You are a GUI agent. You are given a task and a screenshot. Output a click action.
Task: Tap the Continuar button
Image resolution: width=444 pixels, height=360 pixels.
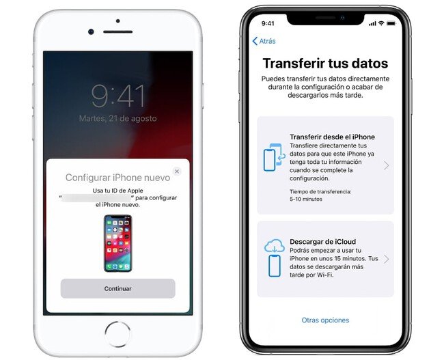tap(117, 288)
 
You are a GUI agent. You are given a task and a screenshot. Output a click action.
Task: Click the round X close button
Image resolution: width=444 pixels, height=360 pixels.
tap(177, 171)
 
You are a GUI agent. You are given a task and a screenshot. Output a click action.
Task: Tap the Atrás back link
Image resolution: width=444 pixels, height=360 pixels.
tap(264, 41)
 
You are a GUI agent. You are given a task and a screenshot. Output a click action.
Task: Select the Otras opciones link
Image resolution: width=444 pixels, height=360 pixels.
tap(325, 320)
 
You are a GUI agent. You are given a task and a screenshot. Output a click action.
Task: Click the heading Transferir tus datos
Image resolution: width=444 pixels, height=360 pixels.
tap(325, 63)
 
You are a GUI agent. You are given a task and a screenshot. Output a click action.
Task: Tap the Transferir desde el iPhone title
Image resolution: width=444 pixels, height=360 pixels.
tap(332, 137)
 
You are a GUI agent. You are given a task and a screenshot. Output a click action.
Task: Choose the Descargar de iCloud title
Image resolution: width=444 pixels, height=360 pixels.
tap(323, 242)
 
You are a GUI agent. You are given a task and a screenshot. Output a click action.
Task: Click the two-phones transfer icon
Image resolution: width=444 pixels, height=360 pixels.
tap(274, 157)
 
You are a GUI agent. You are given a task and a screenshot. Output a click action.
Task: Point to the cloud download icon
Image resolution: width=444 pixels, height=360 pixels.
tap(274, 258)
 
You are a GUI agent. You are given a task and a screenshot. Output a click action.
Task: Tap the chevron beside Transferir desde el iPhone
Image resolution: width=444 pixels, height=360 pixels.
tap(386, 165)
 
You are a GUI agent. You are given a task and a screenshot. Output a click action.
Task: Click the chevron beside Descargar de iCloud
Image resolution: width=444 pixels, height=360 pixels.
tap(386, 259)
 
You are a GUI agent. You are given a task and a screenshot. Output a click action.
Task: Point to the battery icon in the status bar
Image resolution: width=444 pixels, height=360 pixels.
tap(391, 23)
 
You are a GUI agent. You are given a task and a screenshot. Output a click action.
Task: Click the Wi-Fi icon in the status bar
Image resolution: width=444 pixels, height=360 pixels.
tap(381, 23)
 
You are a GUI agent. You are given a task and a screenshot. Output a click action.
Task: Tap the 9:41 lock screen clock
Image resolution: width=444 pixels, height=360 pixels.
tap(117, 96)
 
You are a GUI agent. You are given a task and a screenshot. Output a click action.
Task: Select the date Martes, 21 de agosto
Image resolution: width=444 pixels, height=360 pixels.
tap(117, 118)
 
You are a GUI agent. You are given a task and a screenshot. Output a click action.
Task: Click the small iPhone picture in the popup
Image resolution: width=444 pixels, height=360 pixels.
tap(117, 243)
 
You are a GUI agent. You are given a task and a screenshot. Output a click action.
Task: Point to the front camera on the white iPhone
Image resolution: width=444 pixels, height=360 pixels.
tap(91, 31)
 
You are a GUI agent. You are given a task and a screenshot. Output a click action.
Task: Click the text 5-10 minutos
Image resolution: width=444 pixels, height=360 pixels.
tap(306, 199)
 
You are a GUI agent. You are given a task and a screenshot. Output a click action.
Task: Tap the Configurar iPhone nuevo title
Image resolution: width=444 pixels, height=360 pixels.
tap(117, 178)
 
